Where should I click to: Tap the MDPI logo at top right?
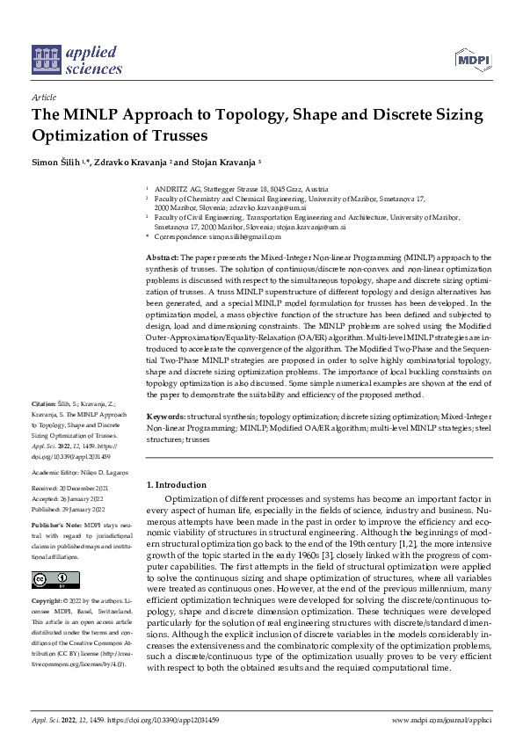pos(471,60)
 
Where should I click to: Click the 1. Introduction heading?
pos(177,484)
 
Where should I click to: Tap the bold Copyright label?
pos(48,600)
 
